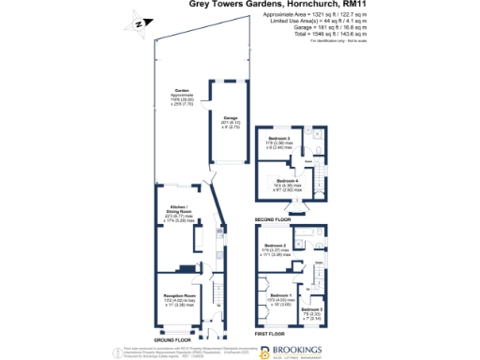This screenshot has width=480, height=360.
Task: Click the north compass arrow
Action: point(138,24)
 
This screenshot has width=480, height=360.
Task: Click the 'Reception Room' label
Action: point(177,294)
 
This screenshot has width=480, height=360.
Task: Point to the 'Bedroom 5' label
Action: point(314,309)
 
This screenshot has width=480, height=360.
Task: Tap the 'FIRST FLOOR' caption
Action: point(269,333)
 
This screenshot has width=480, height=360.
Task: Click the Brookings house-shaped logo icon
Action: point(264,351)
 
